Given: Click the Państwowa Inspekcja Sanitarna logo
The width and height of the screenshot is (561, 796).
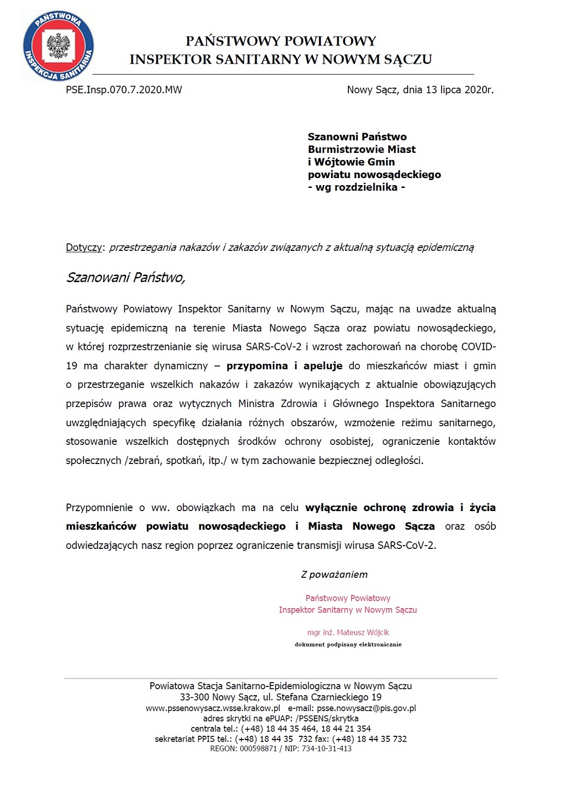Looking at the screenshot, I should (58, 46).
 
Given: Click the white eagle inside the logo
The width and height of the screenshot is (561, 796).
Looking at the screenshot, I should (59, 46).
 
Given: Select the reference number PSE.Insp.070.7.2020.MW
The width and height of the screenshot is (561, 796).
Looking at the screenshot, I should (124, 90).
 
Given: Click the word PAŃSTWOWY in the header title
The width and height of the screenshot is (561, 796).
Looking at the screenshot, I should (234, 41).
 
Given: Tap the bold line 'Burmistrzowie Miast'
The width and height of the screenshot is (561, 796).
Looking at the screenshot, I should (362, 150).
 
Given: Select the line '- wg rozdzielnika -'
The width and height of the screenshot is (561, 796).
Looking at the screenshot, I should (356, 187).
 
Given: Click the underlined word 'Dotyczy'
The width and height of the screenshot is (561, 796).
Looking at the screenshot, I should (84, 248).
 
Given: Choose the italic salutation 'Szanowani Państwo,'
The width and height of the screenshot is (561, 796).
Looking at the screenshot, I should (125, 278).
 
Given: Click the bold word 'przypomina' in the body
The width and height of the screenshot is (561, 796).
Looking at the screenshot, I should (257, 366).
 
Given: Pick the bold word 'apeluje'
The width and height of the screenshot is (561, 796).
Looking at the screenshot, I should (323, 366).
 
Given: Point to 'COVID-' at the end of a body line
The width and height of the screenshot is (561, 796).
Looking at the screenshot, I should (478, 347).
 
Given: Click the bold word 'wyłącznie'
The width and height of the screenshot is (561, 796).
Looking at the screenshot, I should (331, 508).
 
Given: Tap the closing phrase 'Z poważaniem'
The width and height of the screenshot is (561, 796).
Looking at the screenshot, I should (334, 575).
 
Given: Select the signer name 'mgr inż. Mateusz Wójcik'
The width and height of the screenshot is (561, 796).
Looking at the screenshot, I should (348, 633).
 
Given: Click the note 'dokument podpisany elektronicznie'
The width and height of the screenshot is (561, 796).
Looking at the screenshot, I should (348, 645).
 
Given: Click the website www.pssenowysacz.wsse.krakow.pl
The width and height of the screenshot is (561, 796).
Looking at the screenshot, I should (213, 708).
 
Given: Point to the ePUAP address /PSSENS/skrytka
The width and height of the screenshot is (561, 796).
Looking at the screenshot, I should (327, 719).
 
